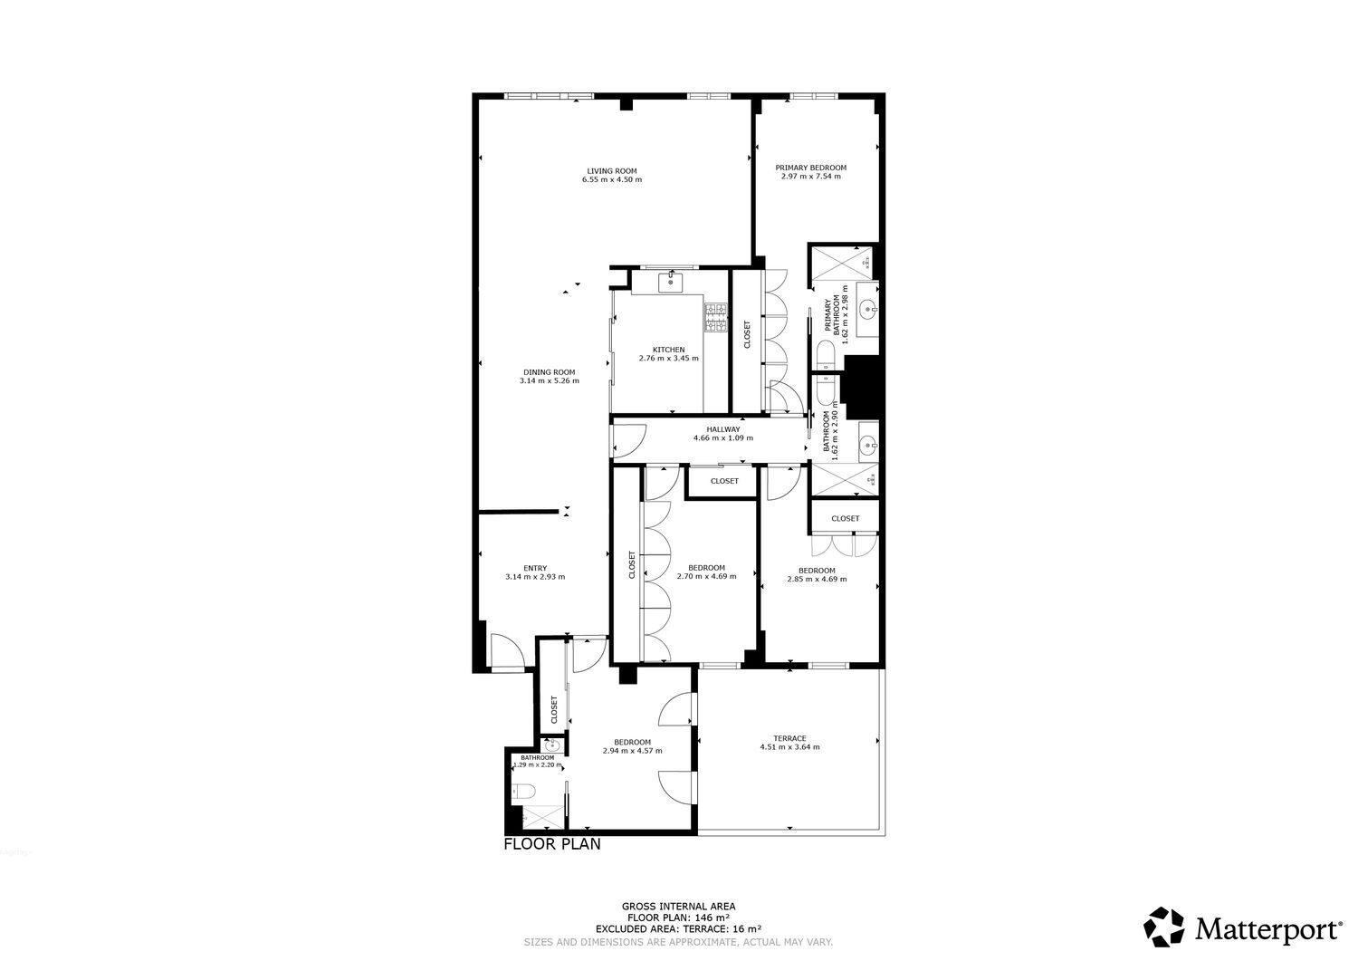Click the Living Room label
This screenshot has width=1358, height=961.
[612, 170]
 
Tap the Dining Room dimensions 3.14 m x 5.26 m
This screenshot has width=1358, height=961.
[549, 381]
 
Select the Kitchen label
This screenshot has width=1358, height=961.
[668, 350]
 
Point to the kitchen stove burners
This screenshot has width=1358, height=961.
[716, 317]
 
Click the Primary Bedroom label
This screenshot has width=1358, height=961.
[810, 168]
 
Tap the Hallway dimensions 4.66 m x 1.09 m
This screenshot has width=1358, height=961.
[722, 438]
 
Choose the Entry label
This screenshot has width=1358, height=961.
[535, 569]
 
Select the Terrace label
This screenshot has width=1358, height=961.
[789, 738]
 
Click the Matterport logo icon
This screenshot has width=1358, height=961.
[1163, 927]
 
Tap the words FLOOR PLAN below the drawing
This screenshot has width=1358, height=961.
[551, 845]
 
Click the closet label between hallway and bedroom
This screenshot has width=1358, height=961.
[724, 481]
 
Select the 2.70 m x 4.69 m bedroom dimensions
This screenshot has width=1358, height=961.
[706, 577]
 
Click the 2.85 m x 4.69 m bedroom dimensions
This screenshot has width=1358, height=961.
[817, 580]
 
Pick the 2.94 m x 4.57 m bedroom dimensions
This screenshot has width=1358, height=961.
[632, 751]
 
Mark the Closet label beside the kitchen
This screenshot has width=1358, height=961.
[747, 334]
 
